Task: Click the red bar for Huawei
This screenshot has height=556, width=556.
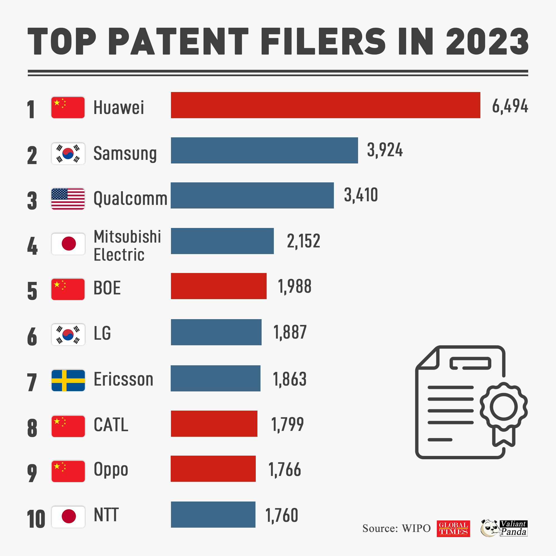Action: tap(326, 105)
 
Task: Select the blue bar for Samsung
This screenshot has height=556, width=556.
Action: tap(264, 150)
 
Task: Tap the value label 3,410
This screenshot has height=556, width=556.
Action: tap(361, 195)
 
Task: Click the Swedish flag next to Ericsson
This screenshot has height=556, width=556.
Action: tap(68, 381)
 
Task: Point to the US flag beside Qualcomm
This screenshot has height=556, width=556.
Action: tap(68, 199)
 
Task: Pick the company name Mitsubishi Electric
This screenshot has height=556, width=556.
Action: tap(127, 245)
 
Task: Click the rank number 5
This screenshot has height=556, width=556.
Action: tap(32, 291)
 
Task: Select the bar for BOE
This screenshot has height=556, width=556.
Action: tap(219, 286)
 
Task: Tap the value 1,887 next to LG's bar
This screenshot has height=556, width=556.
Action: tap(290, 332)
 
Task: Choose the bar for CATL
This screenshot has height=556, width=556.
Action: tap(214, 424)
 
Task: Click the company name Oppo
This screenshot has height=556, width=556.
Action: tap(111, 469)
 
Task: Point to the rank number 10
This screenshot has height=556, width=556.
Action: tap(36, 519)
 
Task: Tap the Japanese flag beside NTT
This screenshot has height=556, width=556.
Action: tap(68, 517)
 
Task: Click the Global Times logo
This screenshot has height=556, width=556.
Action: tap(453, 528)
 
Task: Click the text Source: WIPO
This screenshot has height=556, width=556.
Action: tap(396, 528)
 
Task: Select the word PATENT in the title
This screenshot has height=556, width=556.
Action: tap(178, 41)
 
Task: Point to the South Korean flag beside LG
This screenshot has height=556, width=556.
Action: tap(68, 334)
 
